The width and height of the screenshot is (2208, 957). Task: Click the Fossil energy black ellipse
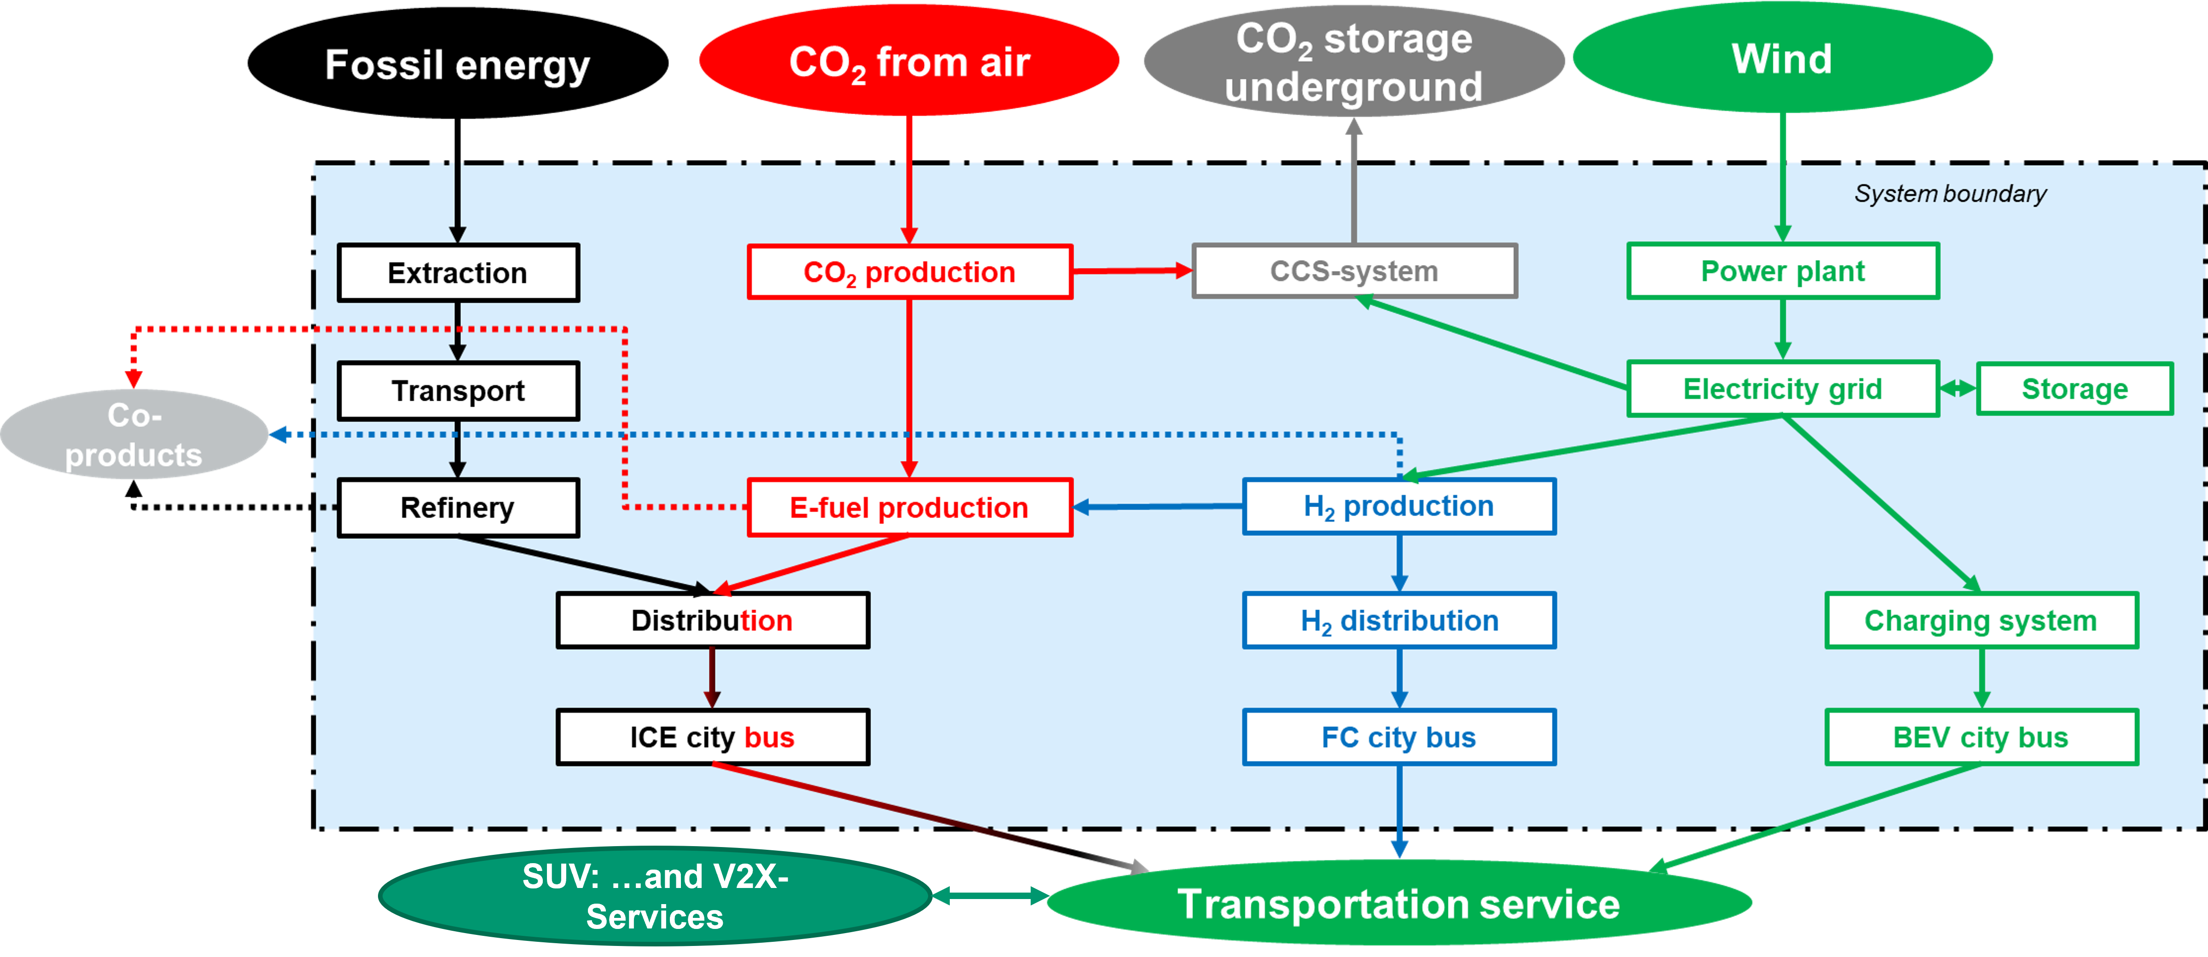(458, 63)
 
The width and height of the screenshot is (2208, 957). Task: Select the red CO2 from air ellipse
(909, 60)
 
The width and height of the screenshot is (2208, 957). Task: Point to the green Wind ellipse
(1783, 58)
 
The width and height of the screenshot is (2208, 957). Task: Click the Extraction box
(458, 272)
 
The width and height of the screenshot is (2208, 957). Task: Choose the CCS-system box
(1354, 271)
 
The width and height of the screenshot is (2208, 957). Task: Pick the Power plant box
(1783, 271)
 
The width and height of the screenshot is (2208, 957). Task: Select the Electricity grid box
(1783, 389)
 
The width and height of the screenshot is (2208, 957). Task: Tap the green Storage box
(2074, 389)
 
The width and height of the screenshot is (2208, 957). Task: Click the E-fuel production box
(909, 507)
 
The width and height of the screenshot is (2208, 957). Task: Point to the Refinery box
(458, 507)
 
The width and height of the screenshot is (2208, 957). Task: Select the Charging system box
(1981, 620)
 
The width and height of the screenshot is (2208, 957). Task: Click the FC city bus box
(1399, 737)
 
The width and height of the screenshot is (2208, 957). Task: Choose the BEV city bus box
(1981, 737)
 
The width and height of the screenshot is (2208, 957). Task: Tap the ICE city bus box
(712, 737)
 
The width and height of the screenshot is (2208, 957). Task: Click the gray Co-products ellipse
(134, 434)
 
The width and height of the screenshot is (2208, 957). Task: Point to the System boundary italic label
(1950, 194)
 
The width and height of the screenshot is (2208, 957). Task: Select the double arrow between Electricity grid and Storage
(1958, 389)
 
